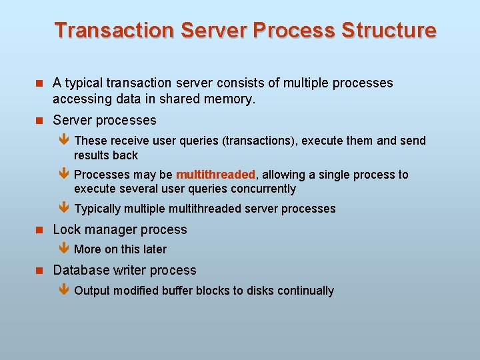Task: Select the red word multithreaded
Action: (215, 175)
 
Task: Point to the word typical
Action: (85, 83)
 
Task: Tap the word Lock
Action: (66, 230)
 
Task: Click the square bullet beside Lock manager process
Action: (39, 230)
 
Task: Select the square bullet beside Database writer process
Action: (39, 271)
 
